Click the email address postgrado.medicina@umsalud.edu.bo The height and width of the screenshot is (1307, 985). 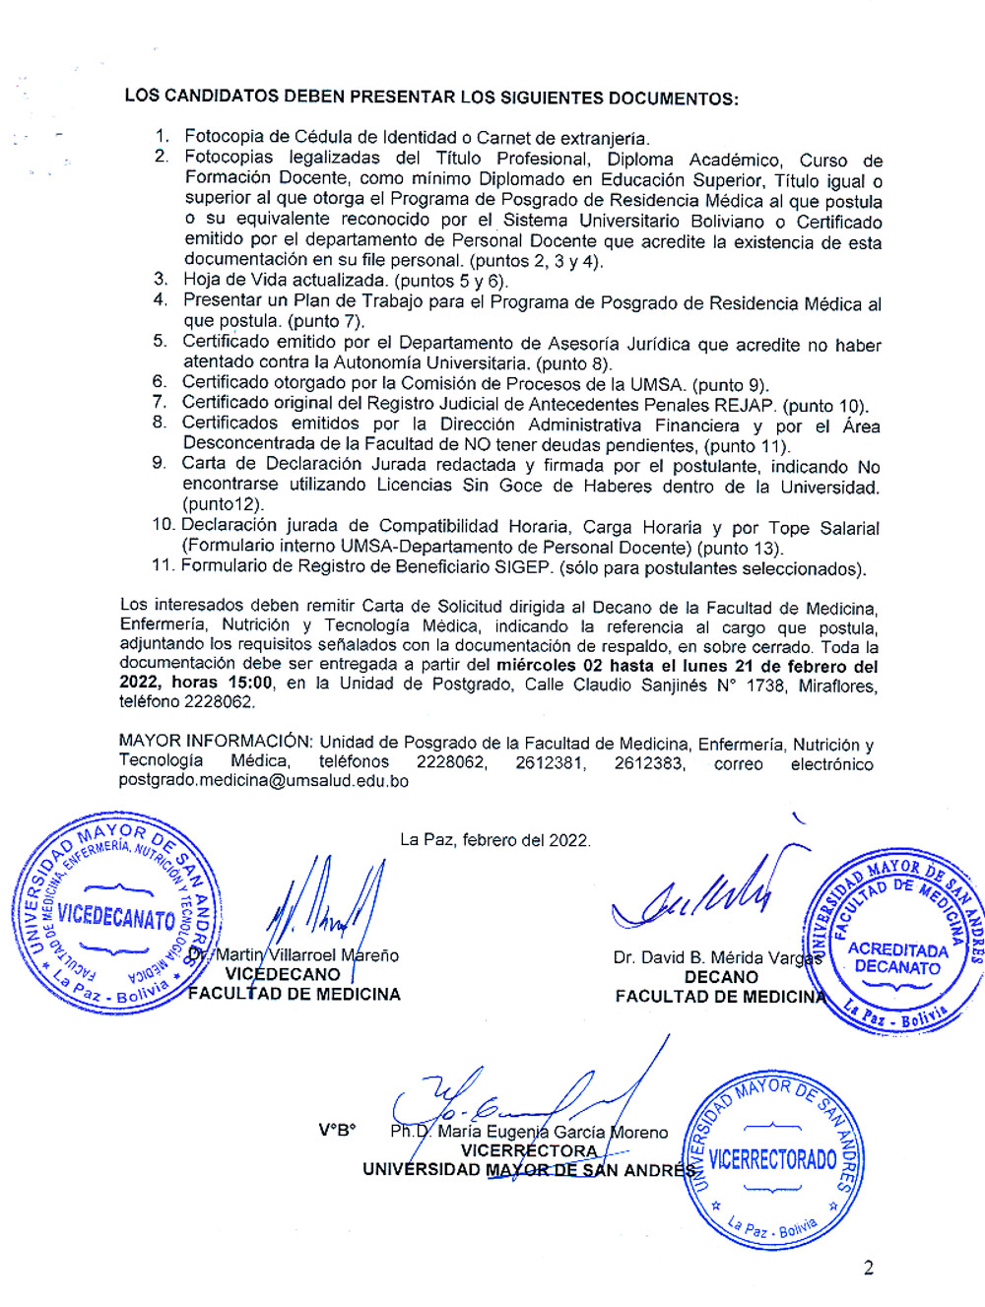click(x=263, y=781)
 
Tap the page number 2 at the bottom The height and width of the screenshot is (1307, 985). click(x=868, y=1268)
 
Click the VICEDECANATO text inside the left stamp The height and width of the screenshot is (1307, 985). click(x=116, y=916)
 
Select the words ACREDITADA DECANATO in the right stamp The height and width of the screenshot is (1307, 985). click(x=896, y=958)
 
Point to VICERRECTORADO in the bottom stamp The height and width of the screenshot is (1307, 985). click(x=772, y=1159)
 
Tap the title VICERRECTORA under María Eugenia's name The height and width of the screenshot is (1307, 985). click(x=529, y=1150)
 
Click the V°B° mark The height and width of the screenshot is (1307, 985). click(x=337, y=1130)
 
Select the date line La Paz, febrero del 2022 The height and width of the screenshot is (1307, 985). click(x=494, y=840)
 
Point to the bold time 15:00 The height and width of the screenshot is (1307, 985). click(x=249, y=683)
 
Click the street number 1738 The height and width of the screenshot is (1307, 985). click(x=765, y=685)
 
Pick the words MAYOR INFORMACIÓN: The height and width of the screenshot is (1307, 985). click(x=215, y=741)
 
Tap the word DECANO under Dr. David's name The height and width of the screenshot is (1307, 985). click(x=721, y=977)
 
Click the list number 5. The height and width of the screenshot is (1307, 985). click(x=160, y=341)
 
